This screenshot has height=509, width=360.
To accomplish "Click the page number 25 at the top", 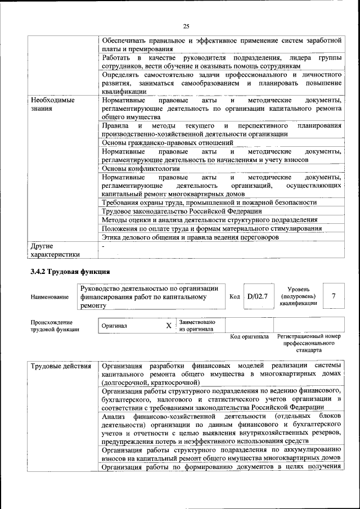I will [x=186, y=25].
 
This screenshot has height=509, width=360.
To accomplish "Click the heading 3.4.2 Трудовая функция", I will [x=66, y=272].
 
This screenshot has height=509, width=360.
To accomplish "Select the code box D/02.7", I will [x=258, y=296].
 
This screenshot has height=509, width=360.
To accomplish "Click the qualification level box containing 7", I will [x=334, y=296].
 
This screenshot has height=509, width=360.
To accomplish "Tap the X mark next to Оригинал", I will [x=168, y=326].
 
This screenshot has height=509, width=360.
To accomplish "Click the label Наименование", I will [x=50, y=297].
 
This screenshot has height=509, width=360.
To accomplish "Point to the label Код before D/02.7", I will [x=235, y=296].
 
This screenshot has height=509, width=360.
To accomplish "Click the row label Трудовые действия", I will [x=61, y=367].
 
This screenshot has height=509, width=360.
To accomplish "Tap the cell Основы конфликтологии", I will [x=141, y=168].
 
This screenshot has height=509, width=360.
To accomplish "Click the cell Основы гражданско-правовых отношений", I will [x=168, y=143].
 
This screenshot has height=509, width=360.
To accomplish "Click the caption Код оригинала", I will [x=249, y=337].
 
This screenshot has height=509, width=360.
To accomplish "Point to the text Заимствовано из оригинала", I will [x=196, y=326].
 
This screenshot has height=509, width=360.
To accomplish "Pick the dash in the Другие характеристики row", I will [x=103, y=246].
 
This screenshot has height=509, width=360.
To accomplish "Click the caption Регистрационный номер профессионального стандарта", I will [x=308, y=343].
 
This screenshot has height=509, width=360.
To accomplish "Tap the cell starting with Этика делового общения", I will [x=190, y=237].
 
